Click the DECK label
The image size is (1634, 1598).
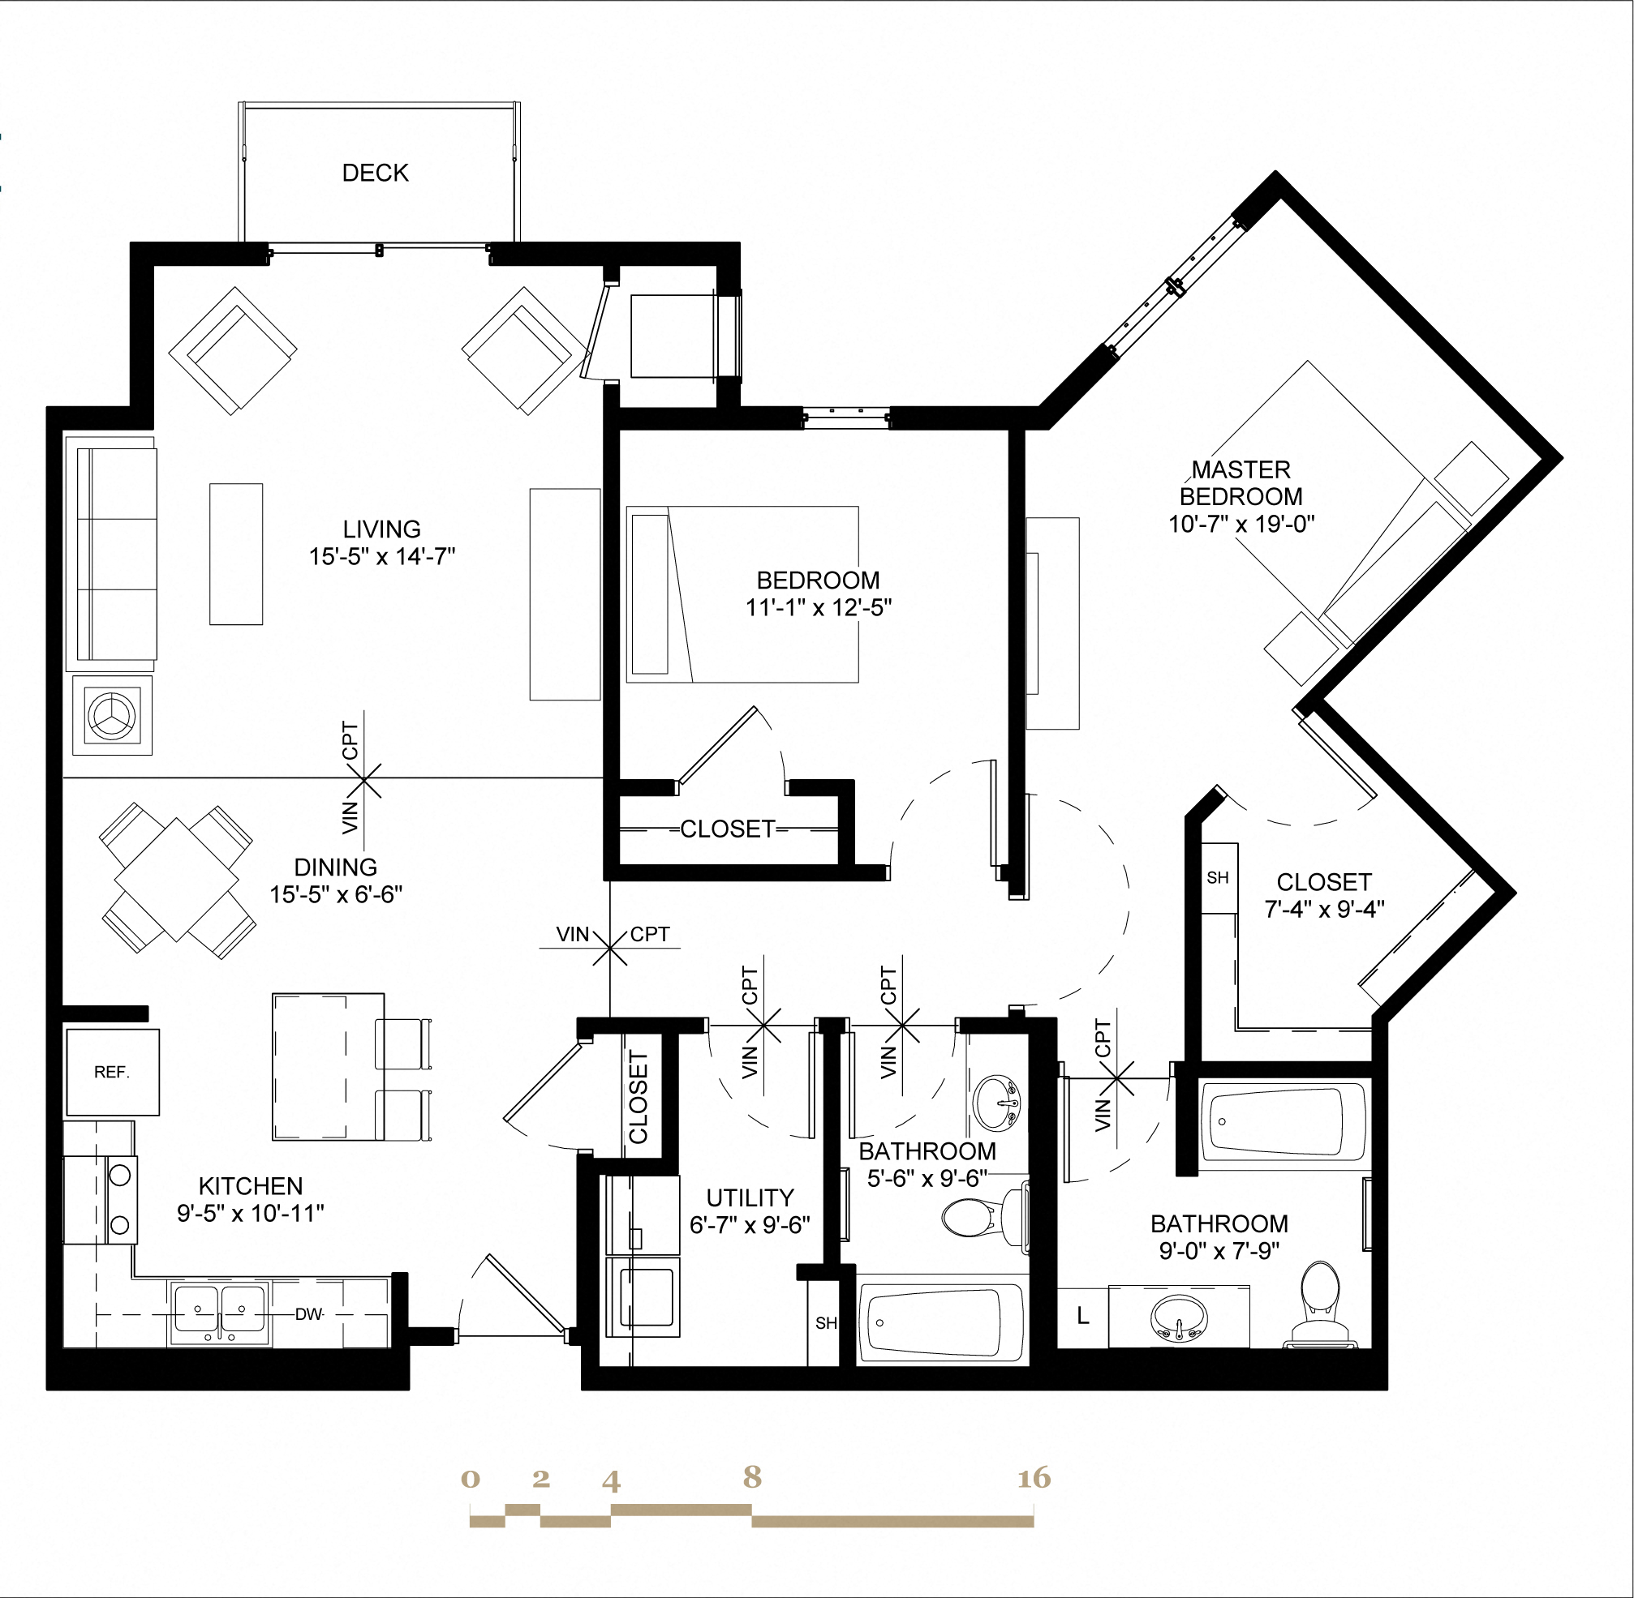pos(375,173)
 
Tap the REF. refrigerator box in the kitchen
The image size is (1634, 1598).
pos(112,1073)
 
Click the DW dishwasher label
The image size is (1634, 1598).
pos(308,1314)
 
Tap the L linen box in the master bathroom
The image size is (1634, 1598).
pos(1082,1317)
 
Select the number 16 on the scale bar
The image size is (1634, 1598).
pos(1034,1478)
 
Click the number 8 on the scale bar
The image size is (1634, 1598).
pos(751,1476)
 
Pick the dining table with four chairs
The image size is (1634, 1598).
pos(177,880)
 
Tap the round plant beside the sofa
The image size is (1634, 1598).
pos(112,716)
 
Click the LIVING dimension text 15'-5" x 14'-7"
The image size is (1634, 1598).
pos(382,556)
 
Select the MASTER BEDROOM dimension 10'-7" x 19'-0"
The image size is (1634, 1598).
pos(1241,524)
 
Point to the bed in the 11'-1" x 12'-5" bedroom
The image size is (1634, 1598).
pos(742,594)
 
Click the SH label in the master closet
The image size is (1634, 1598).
pos(1218,878)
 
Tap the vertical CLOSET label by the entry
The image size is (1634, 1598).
pos(639,1098)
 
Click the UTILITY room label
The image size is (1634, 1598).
pos(750,1197)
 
